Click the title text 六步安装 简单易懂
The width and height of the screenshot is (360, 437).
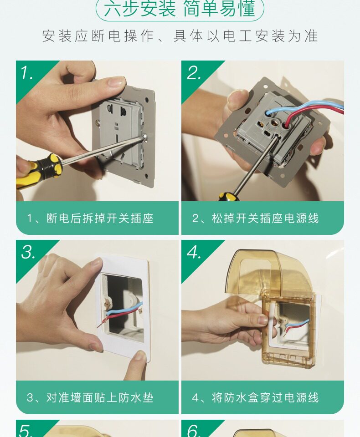[x=180, y=8]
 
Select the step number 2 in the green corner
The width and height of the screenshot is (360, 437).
[x=194, y=73]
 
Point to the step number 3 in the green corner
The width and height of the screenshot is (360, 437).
[x=28, y=253]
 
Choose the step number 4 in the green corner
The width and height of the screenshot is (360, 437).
[x=194, y=253]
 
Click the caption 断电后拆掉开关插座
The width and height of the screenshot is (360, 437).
[x=100, y=218]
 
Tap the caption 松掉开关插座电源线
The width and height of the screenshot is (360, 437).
[x=265, y=218]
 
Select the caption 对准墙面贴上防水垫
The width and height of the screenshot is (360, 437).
[x=100, y=398]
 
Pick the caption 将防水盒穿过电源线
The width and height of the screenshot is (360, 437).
[x=265, y=398]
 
